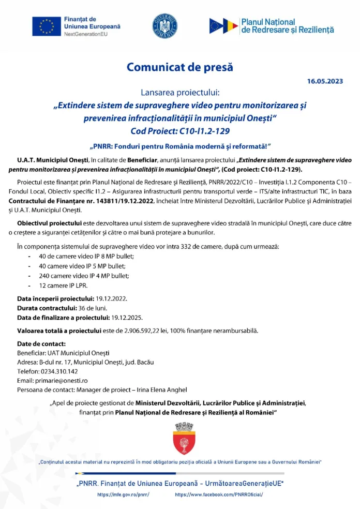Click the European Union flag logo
47,26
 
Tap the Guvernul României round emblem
165,26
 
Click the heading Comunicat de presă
180,67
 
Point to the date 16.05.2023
325,81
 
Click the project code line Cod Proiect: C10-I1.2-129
180,131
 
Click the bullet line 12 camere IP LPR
63,286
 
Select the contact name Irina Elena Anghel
159,390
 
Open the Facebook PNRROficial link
219,495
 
